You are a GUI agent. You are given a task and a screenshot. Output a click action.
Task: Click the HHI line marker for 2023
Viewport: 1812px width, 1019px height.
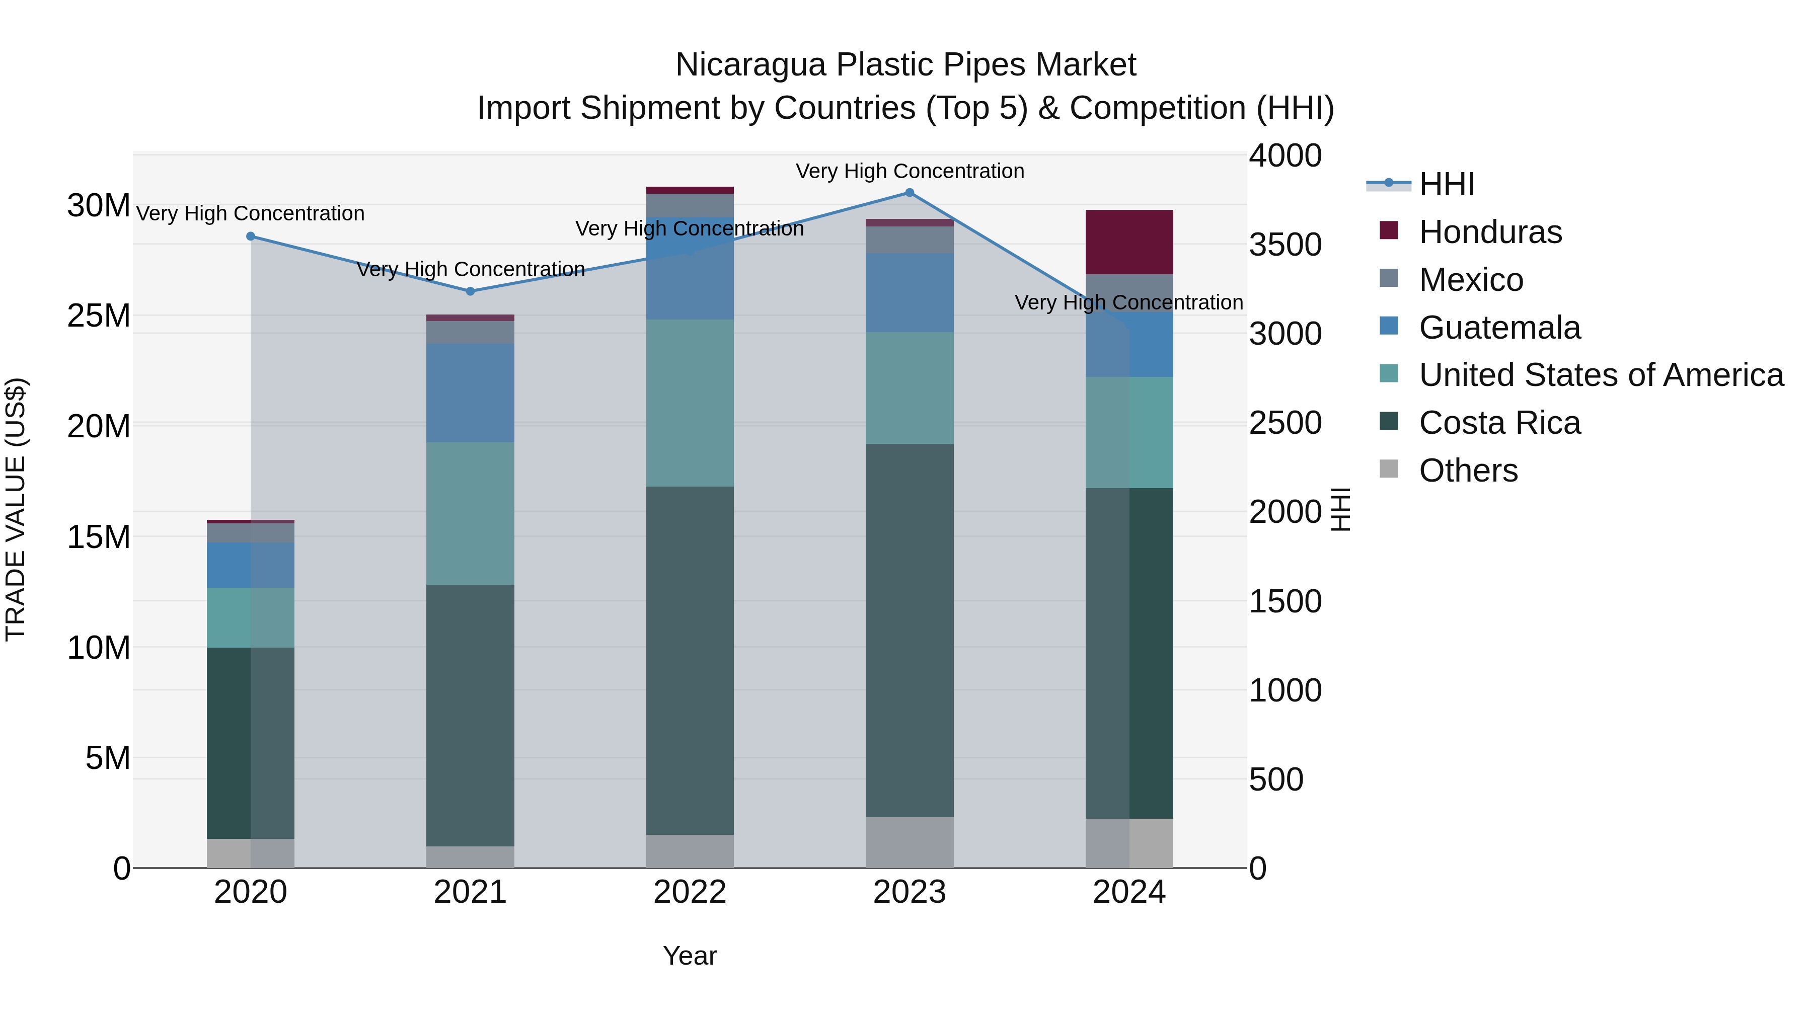pos(910,193)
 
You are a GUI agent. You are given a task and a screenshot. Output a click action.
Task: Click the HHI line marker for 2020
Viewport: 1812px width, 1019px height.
pos(251,237)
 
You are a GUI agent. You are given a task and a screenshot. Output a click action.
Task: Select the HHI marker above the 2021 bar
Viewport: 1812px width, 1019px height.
pos(471,291)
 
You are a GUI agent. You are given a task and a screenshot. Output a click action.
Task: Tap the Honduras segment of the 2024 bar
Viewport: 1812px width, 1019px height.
pos(1129,242)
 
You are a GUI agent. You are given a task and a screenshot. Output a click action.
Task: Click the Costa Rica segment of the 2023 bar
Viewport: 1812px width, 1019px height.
pos(910,630)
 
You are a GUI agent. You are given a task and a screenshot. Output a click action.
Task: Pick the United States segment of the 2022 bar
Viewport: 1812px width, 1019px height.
pos(690,403)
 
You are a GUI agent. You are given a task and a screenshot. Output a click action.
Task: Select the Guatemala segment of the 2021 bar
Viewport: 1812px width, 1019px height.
pos(471,393)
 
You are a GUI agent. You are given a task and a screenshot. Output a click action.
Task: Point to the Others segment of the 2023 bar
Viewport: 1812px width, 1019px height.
pos(910,842)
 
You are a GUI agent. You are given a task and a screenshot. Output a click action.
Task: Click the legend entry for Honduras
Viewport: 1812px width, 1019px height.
pos(1490,232)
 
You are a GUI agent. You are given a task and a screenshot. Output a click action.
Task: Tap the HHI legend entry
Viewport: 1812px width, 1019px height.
pos(1446,184)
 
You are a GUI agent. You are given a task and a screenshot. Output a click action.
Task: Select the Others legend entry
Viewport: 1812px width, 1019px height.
pos(1468,471)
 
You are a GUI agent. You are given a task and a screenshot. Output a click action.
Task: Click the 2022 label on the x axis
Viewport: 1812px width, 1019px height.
pos(690,892)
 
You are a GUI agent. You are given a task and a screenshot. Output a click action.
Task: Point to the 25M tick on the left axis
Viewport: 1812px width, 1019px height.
pos(99,316)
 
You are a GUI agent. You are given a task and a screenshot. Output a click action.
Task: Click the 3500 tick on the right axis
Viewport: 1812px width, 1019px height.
pos(1285,245)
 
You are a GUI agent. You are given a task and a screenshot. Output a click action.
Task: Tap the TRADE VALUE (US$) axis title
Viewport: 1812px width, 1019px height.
pos(16,509)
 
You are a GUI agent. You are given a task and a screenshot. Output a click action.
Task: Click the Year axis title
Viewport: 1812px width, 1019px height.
pos(690,956)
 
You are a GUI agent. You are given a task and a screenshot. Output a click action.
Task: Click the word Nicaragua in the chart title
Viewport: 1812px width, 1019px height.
pos(750,65)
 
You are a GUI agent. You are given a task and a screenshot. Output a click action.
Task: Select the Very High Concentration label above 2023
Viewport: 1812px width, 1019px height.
pos(910,171)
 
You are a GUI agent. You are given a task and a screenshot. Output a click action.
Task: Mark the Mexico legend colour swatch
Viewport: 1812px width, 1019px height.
pos(1389,278)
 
